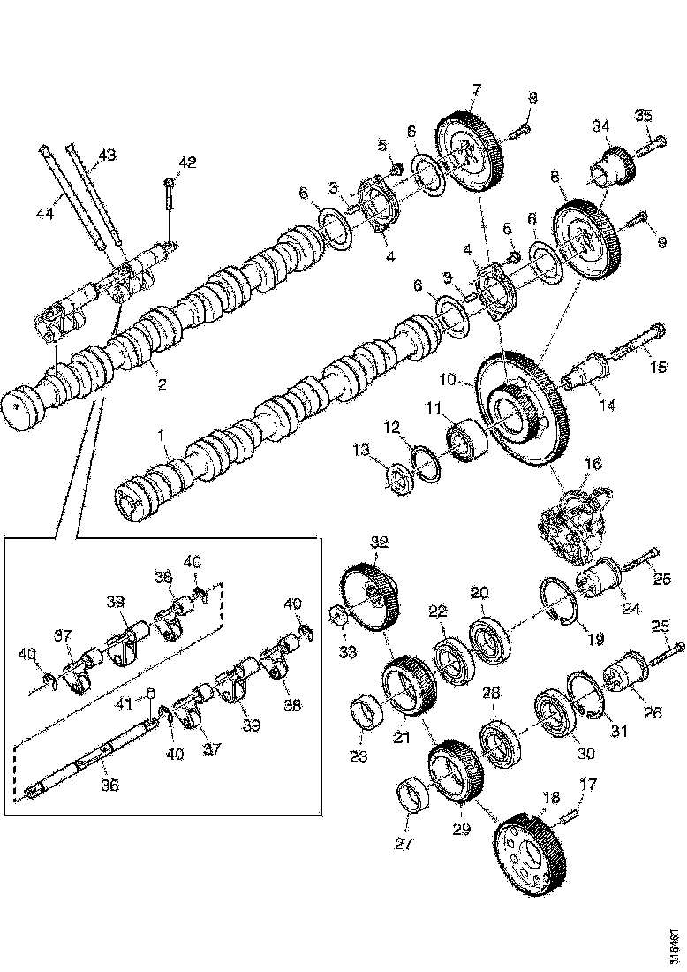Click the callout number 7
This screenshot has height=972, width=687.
(x=477, y=88)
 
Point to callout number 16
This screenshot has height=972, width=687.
(x=592, y=463)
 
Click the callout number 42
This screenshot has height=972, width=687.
(x=186, y=162)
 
